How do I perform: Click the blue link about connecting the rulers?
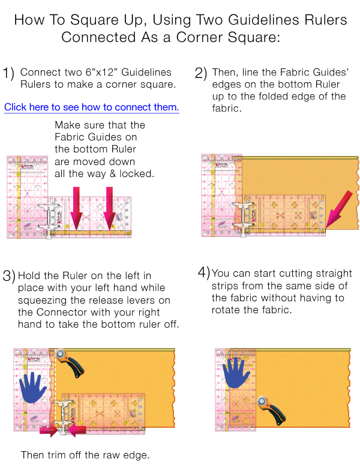point(91,107)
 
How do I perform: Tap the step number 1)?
point(8,73)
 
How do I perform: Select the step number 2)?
point(201,73)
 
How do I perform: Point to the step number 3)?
point(8,277)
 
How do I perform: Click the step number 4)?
point(203,272)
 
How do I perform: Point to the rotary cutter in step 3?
point(70,363)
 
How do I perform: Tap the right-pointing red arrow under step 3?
point(48,430)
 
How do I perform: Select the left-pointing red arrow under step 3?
point(77,430)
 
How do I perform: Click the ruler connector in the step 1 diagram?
point(49,217)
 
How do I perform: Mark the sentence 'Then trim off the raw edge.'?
point(85,455)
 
